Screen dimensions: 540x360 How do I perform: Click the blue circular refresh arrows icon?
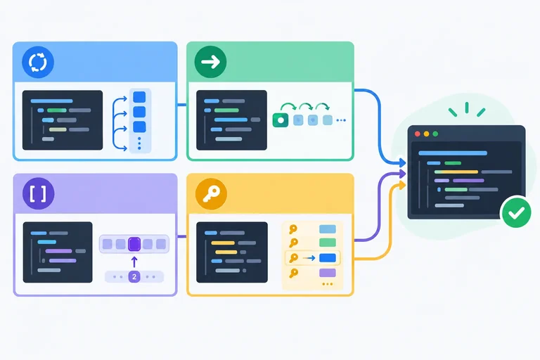(x=38, y=63)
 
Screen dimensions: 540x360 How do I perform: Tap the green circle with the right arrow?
(x=210, y=62)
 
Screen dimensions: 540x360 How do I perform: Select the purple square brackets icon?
(x=38, y=193)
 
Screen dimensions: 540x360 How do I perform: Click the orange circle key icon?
(x=211, y=194)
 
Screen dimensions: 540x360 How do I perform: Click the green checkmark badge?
(x=516, y=212)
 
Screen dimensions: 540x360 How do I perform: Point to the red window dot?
(x=418, y=134)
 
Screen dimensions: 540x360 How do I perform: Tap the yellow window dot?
(x=426, y=134)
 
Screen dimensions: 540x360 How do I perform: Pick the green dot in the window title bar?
(x=435, y=134)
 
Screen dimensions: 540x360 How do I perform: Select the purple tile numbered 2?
(x=134, y=276)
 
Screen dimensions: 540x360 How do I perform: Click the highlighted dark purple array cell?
(x=134, y=244)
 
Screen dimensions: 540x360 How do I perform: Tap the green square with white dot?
(x=281, y=120)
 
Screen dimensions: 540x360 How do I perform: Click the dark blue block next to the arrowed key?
(x=328, y=257)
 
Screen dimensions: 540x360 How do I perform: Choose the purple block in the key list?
(x=328, y=273)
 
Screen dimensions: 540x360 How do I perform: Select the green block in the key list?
(x=328, y=243)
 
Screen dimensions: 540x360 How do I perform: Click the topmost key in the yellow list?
(x=293, y=229)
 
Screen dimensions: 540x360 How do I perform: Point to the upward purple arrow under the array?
(x=134, y=262)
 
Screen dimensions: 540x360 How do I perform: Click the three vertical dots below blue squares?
(x=139, y=143)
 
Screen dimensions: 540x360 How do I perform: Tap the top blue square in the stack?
(x=139, y=97)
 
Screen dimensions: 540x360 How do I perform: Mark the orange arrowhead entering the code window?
(x=402, y=186)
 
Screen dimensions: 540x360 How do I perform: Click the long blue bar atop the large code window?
(x=453, y=153)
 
